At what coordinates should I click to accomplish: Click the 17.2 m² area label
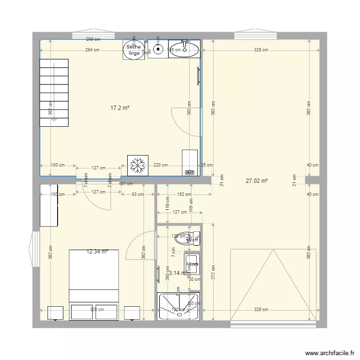pos(120,108)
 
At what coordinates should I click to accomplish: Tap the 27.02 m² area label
pos(256,181)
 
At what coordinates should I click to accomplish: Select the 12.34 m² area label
pos(97,251)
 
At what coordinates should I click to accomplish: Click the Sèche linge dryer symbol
pos(133,50)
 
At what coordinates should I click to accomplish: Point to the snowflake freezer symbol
pos(138,166)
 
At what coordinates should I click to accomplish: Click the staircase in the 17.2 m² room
pos(54,93)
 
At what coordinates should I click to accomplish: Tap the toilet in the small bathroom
pos(186,238)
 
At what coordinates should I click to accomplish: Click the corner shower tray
pos(178,306)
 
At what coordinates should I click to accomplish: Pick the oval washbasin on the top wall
pos(185,49)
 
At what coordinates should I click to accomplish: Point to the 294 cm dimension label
pos(93,49)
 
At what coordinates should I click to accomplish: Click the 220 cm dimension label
pos(160,165)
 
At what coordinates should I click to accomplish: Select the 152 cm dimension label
pos(184,194)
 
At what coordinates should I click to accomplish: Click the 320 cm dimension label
pos(97,310)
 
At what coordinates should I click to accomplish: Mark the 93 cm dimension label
pos(137,194)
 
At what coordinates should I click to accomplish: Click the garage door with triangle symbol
pos(274,285)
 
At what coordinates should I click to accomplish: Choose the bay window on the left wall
pos(35,249)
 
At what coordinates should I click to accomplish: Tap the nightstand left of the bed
pos(56,312)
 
